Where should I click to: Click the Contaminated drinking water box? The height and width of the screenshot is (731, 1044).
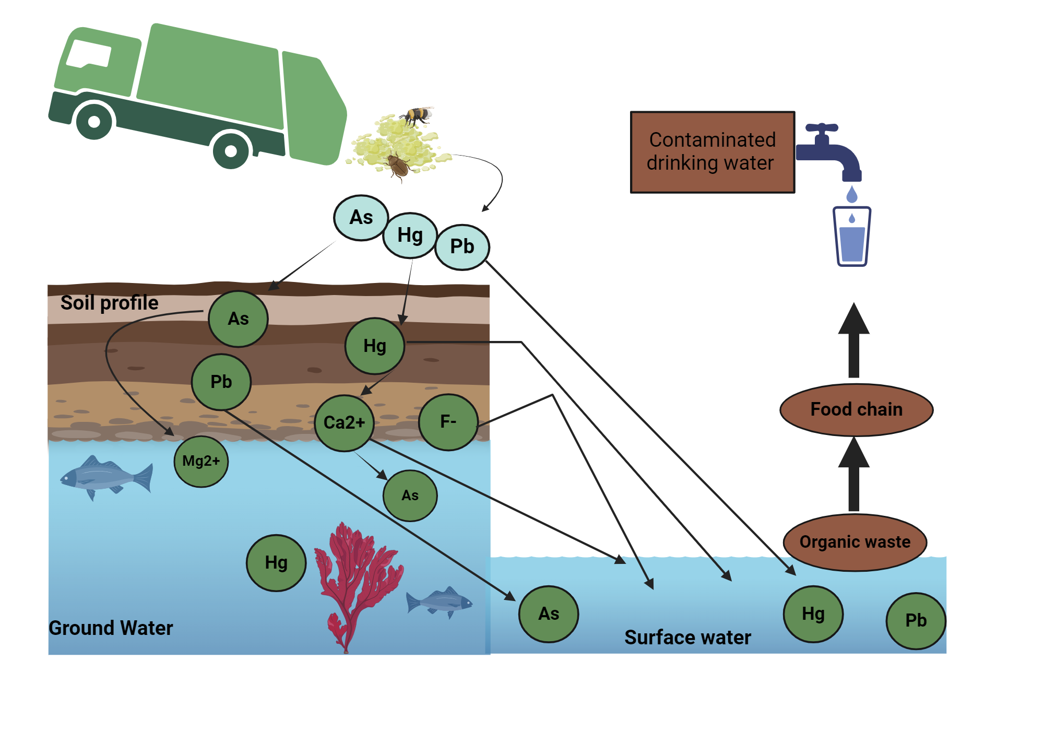tap(712, 152)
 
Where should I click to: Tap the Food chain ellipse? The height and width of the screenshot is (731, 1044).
tap(856, 410)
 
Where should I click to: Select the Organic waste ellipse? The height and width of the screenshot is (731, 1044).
tap(855, 542)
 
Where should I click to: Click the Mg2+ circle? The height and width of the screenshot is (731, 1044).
tap(201, 462)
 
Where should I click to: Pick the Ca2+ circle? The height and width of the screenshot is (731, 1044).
tap(344, 422)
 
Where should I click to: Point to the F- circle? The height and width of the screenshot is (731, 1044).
tap(448, 422)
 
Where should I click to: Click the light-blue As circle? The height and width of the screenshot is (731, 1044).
tap(361, 218)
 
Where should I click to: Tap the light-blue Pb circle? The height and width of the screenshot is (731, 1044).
tap(462, 247)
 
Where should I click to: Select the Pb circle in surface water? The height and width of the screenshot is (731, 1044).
tap(916, 620)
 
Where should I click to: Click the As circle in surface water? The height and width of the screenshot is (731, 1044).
tap(549, 614)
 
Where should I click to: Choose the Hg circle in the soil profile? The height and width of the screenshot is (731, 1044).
tap(374, 346)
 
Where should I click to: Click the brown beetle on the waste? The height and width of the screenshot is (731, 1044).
tap(399, 166)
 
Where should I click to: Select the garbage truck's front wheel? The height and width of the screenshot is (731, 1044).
tap(94, 122)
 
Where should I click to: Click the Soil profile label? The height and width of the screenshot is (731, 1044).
tap(109, 303)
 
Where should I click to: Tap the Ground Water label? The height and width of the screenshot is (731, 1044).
tap(111, 628)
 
